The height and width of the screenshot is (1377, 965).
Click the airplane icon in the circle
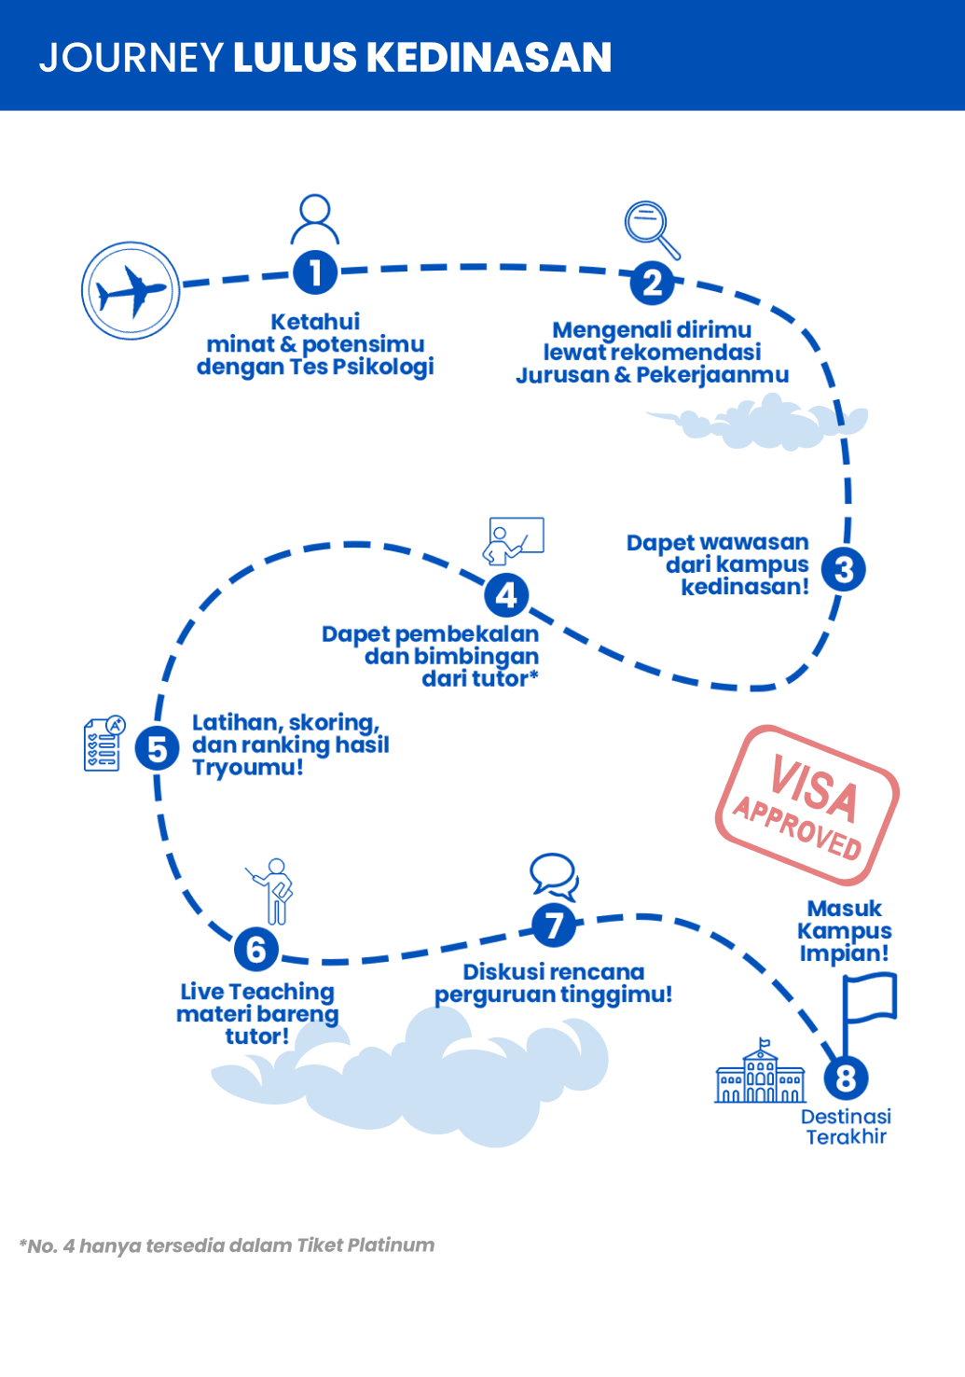tap(131, 291)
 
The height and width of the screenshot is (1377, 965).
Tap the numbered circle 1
tap(315, 272)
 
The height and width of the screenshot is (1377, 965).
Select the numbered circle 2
tap(652, 283)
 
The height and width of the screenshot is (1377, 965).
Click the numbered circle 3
tap(844, 569)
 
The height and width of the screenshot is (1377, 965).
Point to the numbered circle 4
tap(506, 594)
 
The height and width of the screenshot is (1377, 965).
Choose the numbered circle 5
tap(158, 749)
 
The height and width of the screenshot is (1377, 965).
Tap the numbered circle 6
tap(256, 950)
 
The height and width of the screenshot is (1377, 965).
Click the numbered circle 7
tap(554, 925)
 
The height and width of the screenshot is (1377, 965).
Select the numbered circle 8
tap(846, 1078)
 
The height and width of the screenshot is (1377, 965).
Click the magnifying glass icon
tap(651, 229)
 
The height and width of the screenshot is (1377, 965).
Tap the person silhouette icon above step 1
tap(315, 219)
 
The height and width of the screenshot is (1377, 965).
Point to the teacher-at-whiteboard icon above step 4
tap(513, 541)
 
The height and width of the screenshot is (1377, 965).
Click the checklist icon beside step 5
tap(103, 744)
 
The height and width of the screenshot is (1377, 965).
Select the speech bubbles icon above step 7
tap(554, 876)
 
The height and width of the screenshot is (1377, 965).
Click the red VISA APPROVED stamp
tap(807, 805)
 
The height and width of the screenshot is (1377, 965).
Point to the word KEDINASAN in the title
tap(488, 58)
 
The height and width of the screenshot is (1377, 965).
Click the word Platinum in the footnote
tap(391, 1245)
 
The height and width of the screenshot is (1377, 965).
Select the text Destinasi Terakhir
tap(846, 1127)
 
